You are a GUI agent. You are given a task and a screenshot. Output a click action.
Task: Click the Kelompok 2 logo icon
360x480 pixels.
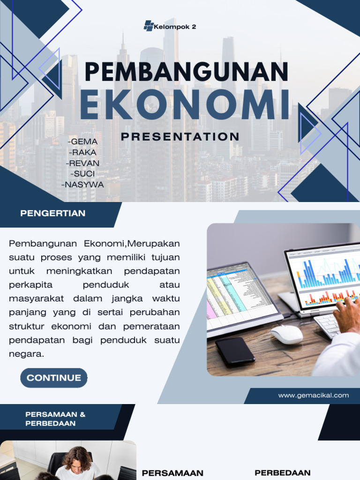coord(149,26)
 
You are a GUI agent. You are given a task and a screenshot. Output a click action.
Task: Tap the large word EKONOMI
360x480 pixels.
coord(185,105)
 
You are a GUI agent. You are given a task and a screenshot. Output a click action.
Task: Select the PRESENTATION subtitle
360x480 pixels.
coord(180,137)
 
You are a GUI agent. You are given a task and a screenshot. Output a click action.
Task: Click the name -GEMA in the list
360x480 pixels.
coord(83,142)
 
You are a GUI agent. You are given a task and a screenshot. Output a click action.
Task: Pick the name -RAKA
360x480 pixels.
coord(83,152)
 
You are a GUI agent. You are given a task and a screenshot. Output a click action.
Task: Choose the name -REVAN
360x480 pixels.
coord(83,163)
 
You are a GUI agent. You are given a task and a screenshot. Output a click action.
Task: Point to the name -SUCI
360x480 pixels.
coord(83,174)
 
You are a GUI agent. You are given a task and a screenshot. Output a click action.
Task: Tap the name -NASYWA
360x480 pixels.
coord(82,185)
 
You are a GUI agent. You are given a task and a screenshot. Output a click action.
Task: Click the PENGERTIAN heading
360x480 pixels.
coord(53,214)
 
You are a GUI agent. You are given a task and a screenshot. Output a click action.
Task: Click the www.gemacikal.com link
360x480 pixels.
coord(313,395)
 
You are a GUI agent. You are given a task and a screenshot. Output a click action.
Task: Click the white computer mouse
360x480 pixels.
coord(286,334)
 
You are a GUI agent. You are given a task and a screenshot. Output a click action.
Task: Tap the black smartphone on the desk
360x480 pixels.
coord(235,351)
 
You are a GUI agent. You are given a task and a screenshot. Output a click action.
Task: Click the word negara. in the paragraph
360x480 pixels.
coord(26,354)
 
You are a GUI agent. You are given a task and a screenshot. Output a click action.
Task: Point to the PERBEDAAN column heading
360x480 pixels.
coord(282,472)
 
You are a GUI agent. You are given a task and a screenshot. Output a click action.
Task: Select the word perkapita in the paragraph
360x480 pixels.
coord(30,285)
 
